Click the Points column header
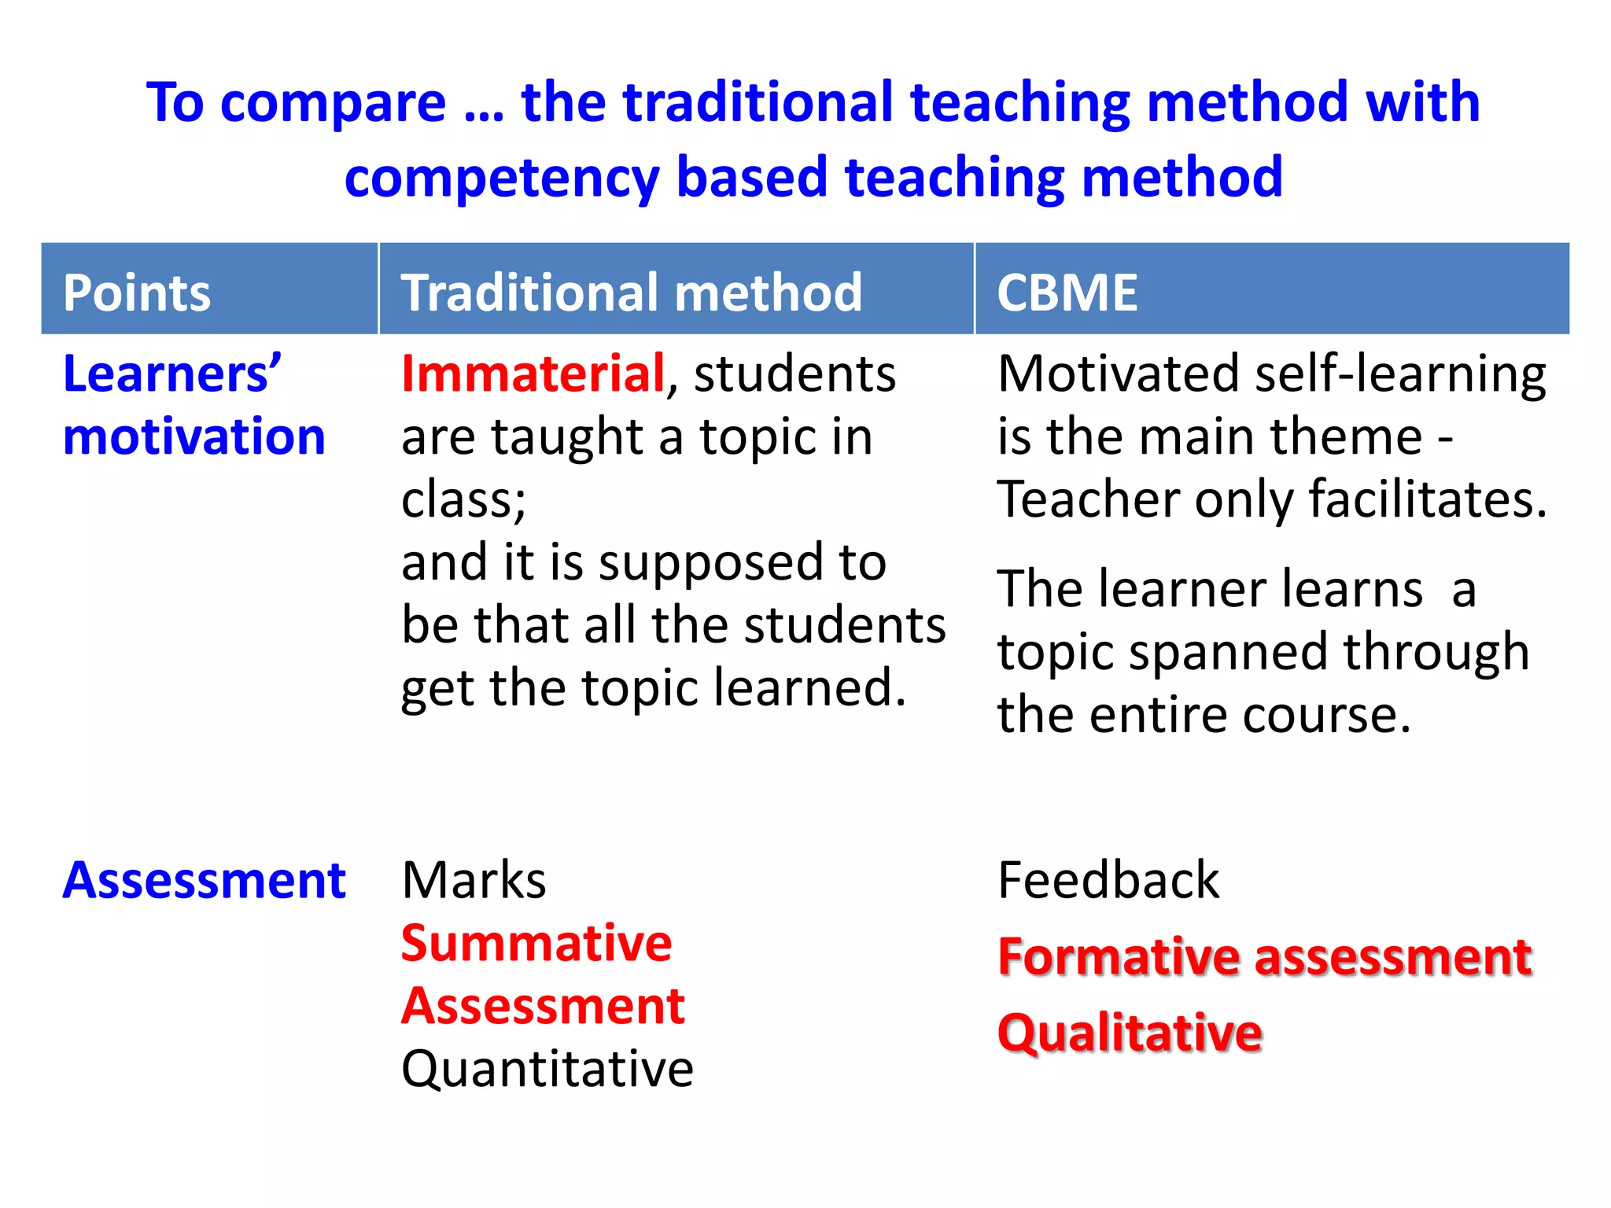pos(137,293)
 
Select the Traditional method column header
pos(631,293)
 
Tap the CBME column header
pos(1067,293)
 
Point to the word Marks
pos(474,880)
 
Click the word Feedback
pos(1108,880)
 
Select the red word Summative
pos(536,943)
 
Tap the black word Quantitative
pos(547,1070)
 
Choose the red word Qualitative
pos(1130,1033)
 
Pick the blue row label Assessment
pos(204,880)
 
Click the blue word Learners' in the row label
pos(171,374)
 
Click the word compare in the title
pos(334,103)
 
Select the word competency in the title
pos(501,178)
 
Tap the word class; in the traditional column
pos(463,500)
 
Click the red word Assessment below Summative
pos(543,1006)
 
